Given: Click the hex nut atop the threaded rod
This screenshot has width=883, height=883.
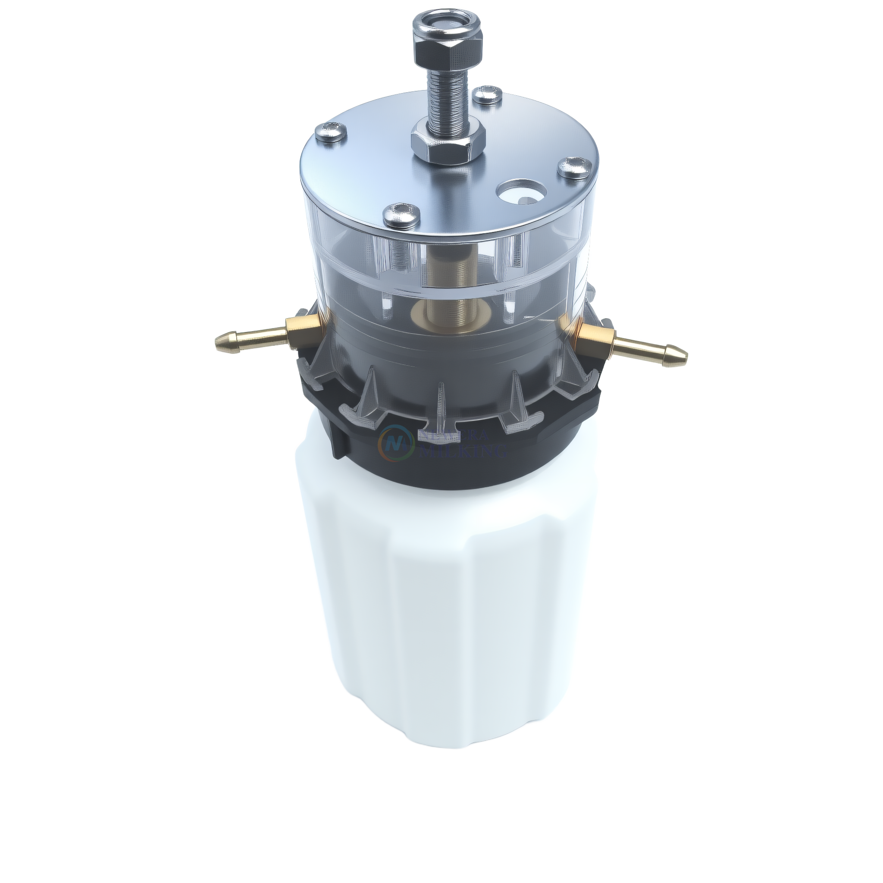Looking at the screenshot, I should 448,47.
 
